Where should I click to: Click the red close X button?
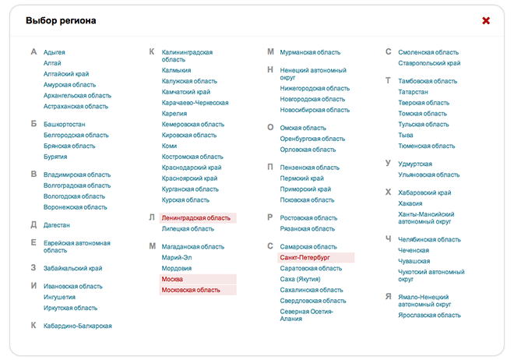pyautogui.click(x=486, y=20)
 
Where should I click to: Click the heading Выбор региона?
pyautogui.click(x=61, y=20)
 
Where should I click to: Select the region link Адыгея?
pyautogui.click(x=55, y=52)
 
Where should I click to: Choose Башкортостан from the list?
pyautogui.click(x=65, y=124)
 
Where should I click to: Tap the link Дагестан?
pyautogui.click(x=57, y=225)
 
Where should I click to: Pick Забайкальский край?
pyautogui.click(x=72, y=269)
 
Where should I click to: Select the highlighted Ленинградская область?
pyautogui.click(x=196, y=218)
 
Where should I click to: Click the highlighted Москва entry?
pyautogui.click(x=172, y=279)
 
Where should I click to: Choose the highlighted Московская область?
pyautogui.click(x=191, y=290)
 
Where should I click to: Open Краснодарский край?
pyautogui.click(x=192, y=168)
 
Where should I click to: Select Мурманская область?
pyautogui.click(x=310, y=52)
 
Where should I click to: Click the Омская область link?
pyautogui.click(x=303, y=128)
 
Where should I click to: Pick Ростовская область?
pyautogui.click(x=308, y=218)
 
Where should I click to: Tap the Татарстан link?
pyautogui.click(x=413, y=92)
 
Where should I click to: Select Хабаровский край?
pyautogui.click(x=424, y=193)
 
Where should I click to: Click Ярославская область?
pyautogui.click(x=429, y=316)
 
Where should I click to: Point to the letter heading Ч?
pyautogui.click(x=388, y=239)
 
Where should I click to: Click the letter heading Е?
pyautogui.click(x=33, y=243)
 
